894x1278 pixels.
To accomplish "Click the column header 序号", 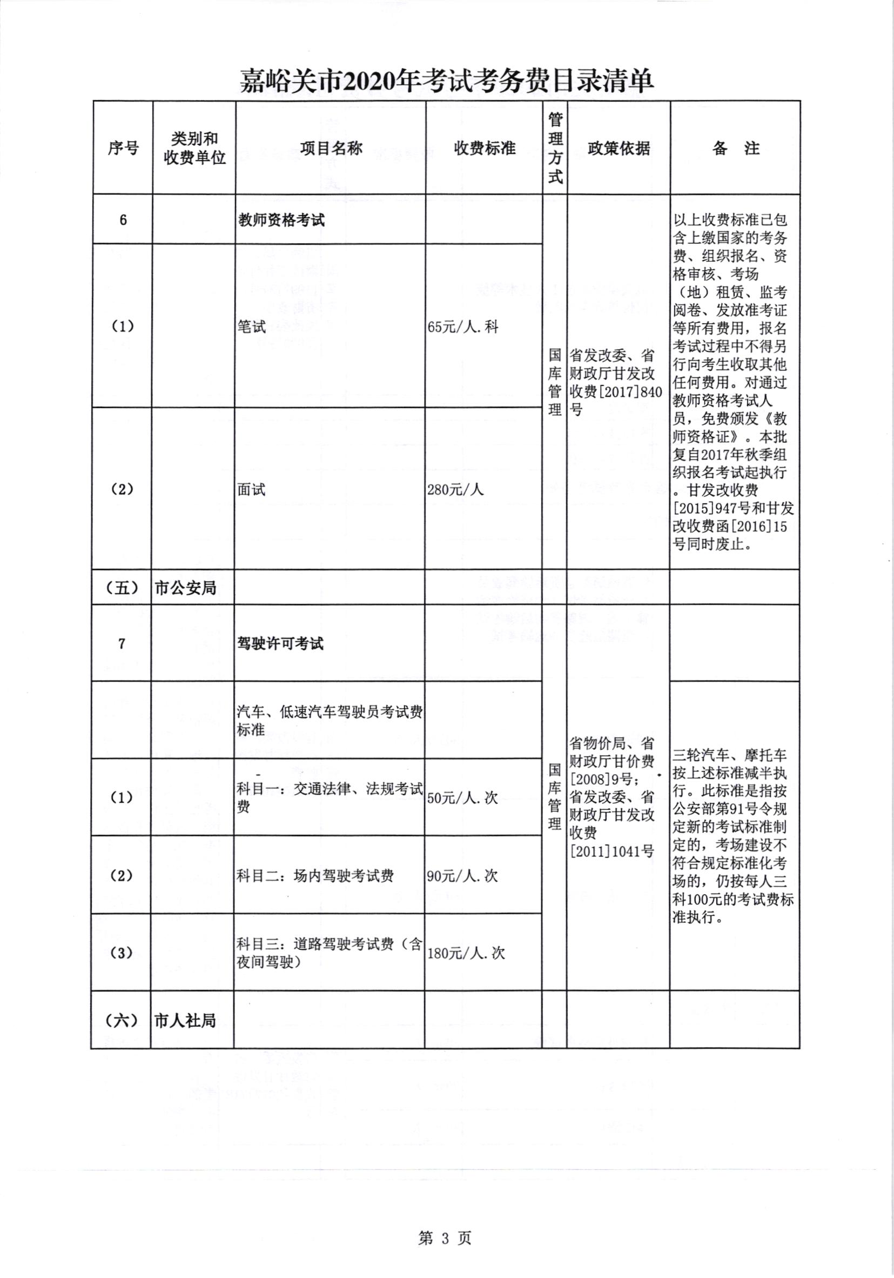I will pyautogui.click(x=123, y=148).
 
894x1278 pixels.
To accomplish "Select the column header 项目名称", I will pyautogui.click(x=331, y=148).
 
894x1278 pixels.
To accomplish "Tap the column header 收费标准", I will pyautogui.click(x=485, y=148).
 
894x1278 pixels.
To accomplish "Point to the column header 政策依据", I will pyautogui.click(x=619, y=148).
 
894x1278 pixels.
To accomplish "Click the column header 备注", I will pyautogui.click(x=735, y=148).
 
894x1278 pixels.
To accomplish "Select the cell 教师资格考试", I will pyautogui.click(x=281, y=221).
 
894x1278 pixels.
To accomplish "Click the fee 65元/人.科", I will pyautogui.click(x=463, y=327).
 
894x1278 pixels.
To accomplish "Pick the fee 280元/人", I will pyautogui.click(x=455, y=489).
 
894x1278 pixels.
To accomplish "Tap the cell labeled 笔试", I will pyautogui.click(x=252, y=327).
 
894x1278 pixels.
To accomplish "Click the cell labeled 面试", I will pyautogui.click(x=252, y=489).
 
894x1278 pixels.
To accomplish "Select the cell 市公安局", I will pyautogui.click(x=185, y=588).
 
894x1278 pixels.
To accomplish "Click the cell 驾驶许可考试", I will pyautogui.click(x=280, y=644).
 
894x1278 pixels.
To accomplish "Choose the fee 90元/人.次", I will pyautogui.click(x=462, y=876).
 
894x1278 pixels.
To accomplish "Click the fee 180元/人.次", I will pyautogui.click(x=466, y=953).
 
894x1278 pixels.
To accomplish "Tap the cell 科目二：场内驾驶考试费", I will pyautogui.click(x=315, y=876).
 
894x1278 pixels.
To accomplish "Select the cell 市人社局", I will pyautogui.click(x=185, y=1021).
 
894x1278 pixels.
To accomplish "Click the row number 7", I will pyautogui.click(x=122, y=644).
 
